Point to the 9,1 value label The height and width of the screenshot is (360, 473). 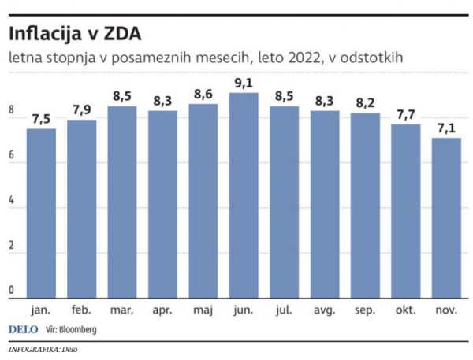point(244,81)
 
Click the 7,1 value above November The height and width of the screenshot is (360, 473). point(446,127)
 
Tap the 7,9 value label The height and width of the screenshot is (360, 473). point(82,109)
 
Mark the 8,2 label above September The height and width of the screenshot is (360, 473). point(365,102)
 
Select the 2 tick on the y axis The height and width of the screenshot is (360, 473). point(12,247)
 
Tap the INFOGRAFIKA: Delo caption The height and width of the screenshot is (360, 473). point(43,349)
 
